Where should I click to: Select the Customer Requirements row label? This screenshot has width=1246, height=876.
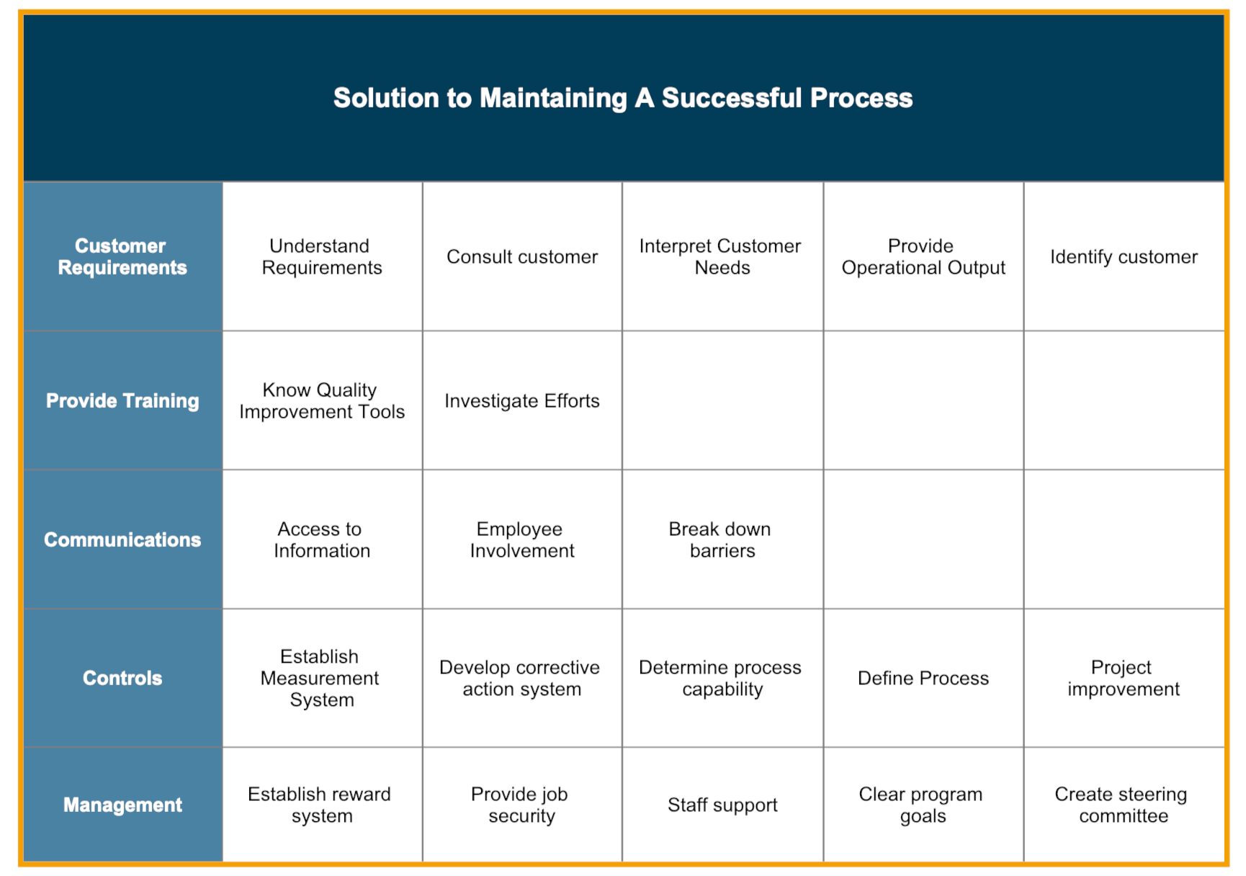pos(122,256)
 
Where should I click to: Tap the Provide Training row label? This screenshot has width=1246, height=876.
pos(122,401)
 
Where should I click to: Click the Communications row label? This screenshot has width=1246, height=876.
pos(122,540)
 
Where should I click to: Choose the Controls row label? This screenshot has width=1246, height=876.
pos(122,678)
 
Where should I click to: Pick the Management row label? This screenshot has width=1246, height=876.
pos(122,805)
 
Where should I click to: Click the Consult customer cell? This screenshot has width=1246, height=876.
pos(522,256)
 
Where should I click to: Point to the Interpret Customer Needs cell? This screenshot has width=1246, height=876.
pos(721,256)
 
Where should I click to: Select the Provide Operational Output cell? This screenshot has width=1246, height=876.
pos(923,256)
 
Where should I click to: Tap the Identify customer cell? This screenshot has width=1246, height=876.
pos(1124,256)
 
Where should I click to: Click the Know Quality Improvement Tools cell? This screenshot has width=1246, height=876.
pos(322,401)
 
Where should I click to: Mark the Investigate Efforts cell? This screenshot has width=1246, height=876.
pos(522,401)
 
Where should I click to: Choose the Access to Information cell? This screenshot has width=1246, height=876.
pos(322,540)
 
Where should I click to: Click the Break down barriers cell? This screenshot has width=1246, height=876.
pos(721,540)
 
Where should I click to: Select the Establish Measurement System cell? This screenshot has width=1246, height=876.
pos(321,678)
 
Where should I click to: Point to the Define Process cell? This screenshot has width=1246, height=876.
pos(923,678)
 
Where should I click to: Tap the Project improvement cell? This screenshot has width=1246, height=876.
pos(1123,678)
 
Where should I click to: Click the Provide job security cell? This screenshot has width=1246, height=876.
pos(521,805)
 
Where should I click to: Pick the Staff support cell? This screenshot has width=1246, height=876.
pos(722,805)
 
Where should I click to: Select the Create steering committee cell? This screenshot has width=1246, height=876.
pos(1122,805)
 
